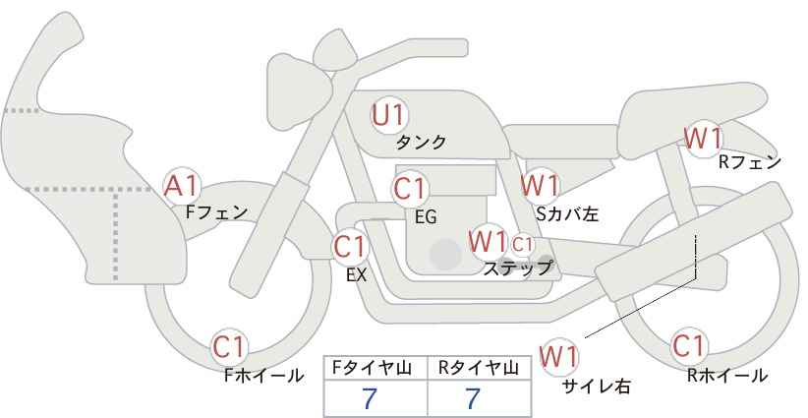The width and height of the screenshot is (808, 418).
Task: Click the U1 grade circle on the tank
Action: (389, 116)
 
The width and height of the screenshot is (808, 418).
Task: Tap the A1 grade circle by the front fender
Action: (182, 184)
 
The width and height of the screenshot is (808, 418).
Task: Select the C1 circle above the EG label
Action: (410, 188)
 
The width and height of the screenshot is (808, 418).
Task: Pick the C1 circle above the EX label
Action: (350, 246)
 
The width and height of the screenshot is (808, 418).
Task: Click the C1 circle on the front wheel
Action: (230, 347)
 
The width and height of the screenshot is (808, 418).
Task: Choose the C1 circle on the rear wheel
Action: (689, 346)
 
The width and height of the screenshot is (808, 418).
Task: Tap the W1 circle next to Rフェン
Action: (704, 138)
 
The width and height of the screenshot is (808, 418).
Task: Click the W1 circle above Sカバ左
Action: (540, 185)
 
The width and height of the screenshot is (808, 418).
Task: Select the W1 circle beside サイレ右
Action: (560, 354)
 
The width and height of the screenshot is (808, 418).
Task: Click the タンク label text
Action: (421, 143)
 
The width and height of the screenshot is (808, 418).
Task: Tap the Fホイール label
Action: (263, 375)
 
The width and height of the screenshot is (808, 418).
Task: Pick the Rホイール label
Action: (727, 375)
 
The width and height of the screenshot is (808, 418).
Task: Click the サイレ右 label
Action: (595, 387)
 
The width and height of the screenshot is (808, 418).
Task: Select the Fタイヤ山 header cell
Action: (375, 368)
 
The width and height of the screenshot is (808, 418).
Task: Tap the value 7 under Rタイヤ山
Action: (473, 398)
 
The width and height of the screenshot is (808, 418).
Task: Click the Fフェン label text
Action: (215, 211)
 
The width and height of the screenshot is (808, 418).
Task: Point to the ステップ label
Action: (517, 268)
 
